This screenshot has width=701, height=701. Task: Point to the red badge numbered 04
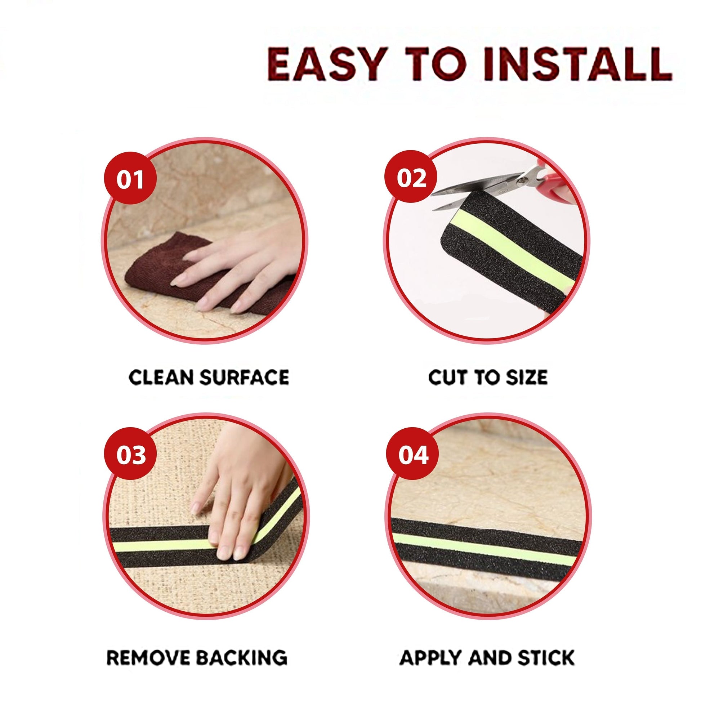[412, 454]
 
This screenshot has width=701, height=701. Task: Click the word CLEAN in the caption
[161, 377]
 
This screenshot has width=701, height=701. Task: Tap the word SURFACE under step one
[245, 377]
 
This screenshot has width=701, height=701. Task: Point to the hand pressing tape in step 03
[240, 497]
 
